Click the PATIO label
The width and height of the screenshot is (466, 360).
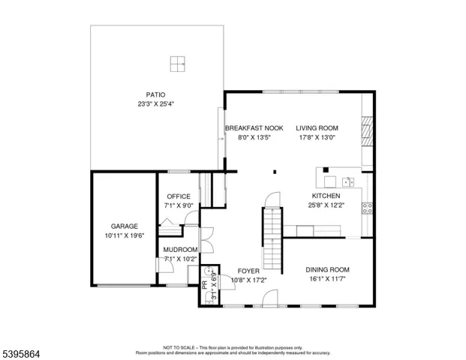click(155, 95)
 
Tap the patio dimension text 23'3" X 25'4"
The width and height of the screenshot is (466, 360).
click(155, 104)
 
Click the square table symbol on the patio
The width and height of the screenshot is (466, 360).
click(178, 64)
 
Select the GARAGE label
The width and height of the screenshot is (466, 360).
click(124, 226)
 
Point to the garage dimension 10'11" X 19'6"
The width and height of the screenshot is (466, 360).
click(124, 235)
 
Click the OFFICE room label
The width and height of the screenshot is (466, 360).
click(179, 196)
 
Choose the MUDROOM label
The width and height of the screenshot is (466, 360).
click(181, 250)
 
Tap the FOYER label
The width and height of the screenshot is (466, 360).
click(248, 270)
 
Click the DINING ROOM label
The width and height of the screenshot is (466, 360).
click(327, 270)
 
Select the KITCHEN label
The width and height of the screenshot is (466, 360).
click(326, 196)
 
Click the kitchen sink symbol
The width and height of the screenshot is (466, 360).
click(348, 181)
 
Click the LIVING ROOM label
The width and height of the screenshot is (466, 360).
click(317, 128)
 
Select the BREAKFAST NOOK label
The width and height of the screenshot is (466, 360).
click(254, 128)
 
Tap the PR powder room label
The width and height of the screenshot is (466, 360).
click(204, 285)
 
